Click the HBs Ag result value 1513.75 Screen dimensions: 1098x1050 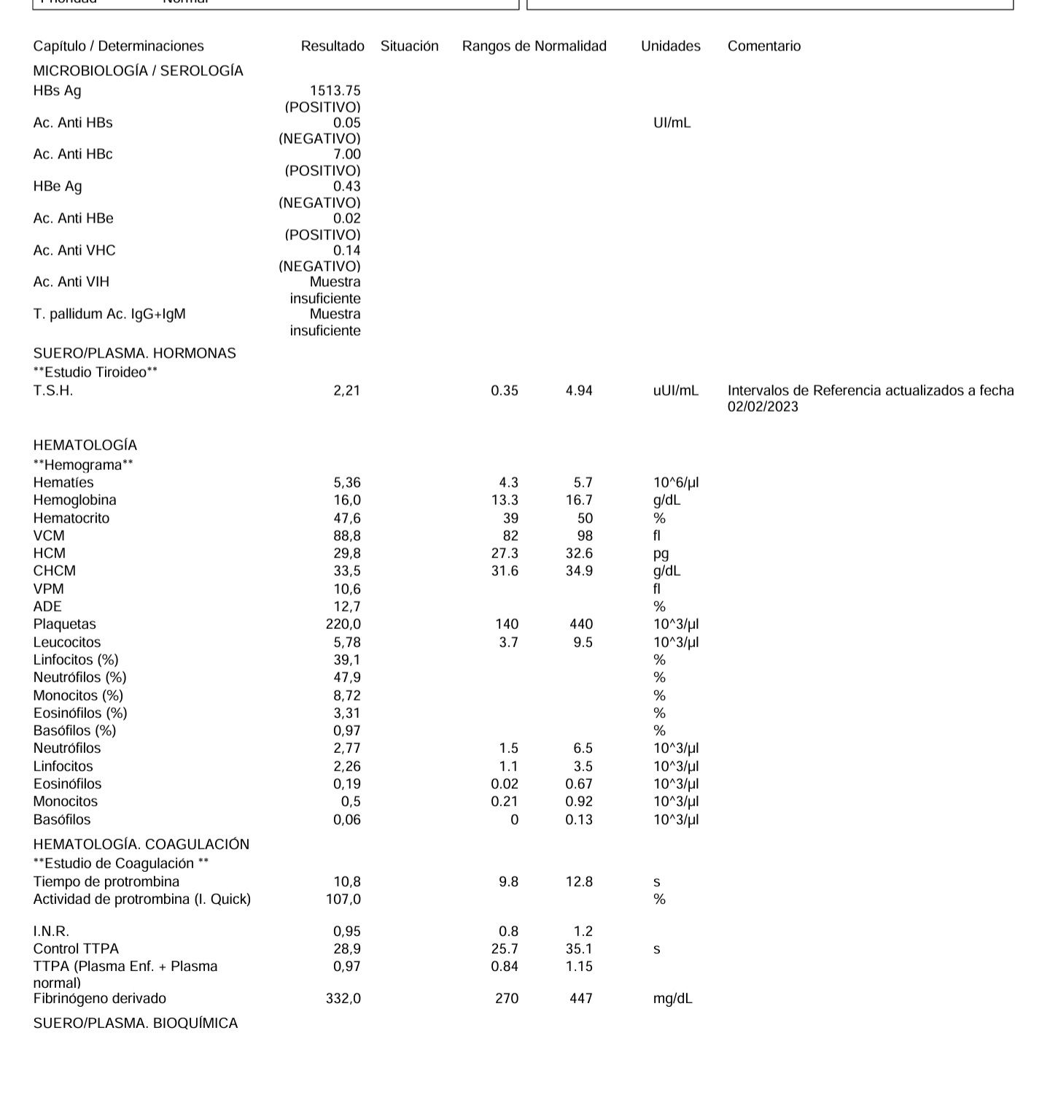tap(335, 90)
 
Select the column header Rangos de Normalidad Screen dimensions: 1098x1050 tap(534, 46)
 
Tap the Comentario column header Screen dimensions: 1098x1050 tap(763, 46)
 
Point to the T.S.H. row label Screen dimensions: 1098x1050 tap(52, 390)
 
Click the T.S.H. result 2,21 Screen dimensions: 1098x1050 tap(346, 390)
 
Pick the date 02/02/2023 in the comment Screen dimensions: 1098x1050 tap(763, 406)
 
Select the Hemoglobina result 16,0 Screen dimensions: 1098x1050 tap(346, 500)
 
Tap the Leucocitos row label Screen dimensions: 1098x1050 tap(67, 642)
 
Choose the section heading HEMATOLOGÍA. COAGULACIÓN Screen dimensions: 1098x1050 tap(141, 844)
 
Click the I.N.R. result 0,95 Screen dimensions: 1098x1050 tap(346, 931)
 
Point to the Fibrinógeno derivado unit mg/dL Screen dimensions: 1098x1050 tap(672, 998)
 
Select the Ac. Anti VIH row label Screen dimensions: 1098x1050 tap(71, 282)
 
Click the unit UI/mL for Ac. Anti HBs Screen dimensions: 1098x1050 tap(672, 123)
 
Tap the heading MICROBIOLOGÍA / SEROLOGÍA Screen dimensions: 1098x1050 tap(138, 71)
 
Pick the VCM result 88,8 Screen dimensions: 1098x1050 tap(346, 536)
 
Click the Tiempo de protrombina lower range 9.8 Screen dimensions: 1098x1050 tap(508, 881)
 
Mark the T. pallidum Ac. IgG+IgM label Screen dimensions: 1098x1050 tap(109, 314)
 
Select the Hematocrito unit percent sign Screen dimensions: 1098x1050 tap(659, 518)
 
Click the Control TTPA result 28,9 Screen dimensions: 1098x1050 tap(346, 948)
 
